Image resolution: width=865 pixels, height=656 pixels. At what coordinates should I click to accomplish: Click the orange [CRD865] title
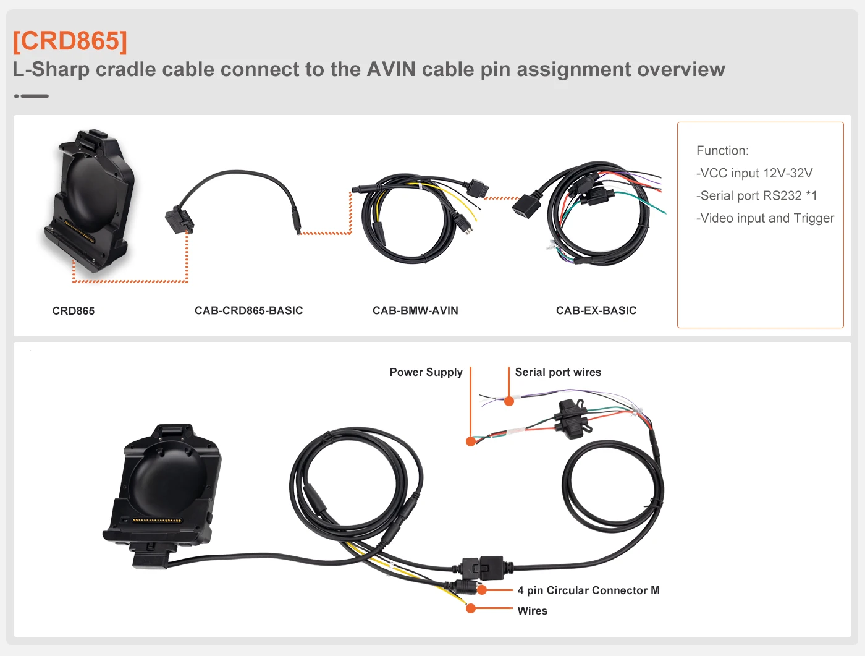tap(70, 41)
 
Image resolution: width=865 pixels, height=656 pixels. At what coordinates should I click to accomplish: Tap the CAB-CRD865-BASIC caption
tap(248, 310)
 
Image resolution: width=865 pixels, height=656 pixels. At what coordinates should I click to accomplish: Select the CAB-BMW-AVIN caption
tap(415, 310)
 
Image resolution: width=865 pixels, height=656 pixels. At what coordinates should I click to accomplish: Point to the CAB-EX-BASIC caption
tap(596, 310)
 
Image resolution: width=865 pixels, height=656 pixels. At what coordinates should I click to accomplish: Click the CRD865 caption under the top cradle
tap(74, 311)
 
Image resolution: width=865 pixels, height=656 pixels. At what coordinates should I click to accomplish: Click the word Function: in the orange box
tap(722, 150)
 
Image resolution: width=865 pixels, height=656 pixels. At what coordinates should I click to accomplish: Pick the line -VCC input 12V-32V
tap(754, 173)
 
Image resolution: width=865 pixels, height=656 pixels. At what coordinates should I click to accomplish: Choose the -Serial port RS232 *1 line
tap(756, 195)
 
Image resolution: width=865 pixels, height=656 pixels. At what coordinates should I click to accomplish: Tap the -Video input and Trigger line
tap(765, 218)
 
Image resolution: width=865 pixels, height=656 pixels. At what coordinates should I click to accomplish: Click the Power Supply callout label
tap(426, 372)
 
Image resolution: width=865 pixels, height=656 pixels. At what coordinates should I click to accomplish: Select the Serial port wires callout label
tap(558, 372)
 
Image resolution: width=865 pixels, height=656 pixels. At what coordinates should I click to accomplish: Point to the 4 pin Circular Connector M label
tap(588, 590)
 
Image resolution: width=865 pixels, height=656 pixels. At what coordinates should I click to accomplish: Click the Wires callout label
tap(532, 611)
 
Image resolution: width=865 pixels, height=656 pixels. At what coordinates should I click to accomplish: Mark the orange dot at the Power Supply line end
tap(471, 441)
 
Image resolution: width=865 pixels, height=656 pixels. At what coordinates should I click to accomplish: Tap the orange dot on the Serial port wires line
tap(509, 401)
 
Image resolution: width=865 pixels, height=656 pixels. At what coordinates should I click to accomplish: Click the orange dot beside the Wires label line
tap(471, 608)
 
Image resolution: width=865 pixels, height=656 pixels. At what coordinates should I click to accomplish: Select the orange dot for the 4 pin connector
tap(482, 590)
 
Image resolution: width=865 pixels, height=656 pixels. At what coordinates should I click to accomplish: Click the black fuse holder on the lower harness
tap(572, 419)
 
